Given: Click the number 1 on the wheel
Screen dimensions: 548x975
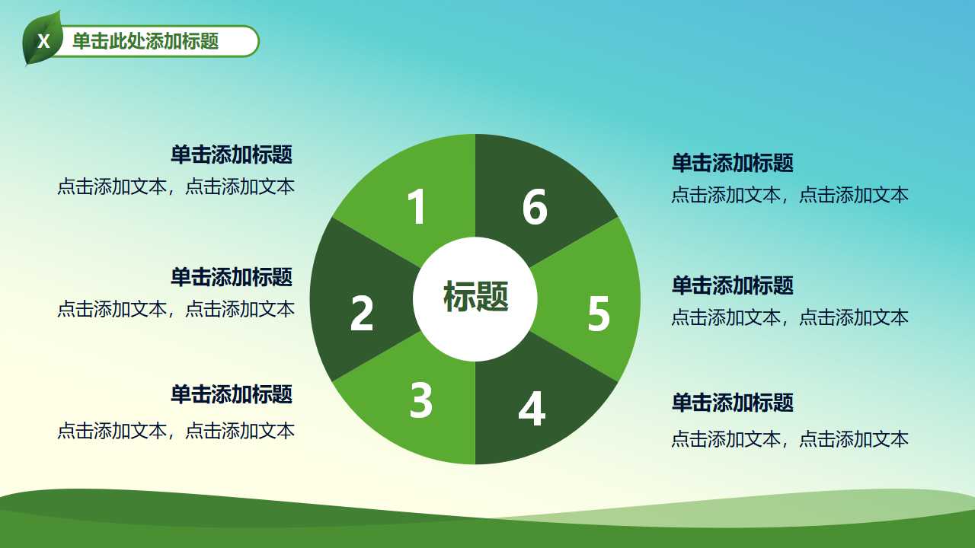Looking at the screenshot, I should coord(416,206).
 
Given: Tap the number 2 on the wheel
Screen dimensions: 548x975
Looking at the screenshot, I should coord(362,313).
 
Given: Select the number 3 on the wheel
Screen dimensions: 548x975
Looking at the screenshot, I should coord(421,400).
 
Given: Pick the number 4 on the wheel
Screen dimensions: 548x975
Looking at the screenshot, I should coord(532,409).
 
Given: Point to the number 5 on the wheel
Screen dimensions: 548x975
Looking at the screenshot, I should coord(599,314).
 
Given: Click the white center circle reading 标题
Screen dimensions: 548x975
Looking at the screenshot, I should coord(475,298).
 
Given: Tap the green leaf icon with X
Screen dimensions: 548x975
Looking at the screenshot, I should coord(43,40).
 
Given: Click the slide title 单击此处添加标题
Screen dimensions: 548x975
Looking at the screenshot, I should coord(145,41).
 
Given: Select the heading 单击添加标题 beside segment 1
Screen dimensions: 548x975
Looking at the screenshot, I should coord(232,155).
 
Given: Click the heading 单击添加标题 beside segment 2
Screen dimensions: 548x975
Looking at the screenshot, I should coord(232,277).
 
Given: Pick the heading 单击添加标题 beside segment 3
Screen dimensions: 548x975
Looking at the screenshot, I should coord(232,394).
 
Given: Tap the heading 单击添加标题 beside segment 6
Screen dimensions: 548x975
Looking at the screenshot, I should coord(732,163).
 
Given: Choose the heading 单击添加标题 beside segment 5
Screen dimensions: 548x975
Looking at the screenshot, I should coord(732,285).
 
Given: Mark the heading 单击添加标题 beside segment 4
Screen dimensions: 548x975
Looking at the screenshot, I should coord(732,403).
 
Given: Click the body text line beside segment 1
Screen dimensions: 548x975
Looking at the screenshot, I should coord(176,187).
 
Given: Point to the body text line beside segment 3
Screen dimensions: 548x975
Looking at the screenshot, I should coord(176,432).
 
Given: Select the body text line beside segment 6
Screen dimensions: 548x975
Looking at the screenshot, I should coord(790,195).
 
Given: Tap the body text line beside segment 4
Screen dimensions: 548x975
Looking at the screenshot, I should coord(790,439).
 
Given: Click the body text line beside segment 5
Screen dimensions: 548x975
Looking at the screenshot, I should coord(790,317).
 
